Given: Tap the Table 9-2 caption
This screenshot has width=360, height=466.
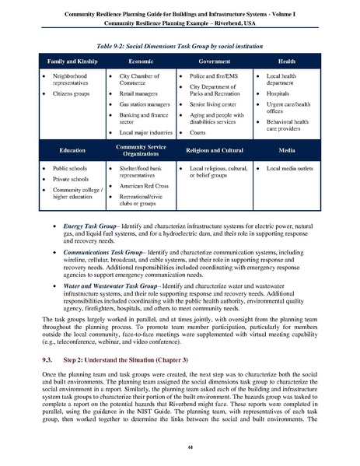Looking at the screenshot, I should click(x=179, y=37).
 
